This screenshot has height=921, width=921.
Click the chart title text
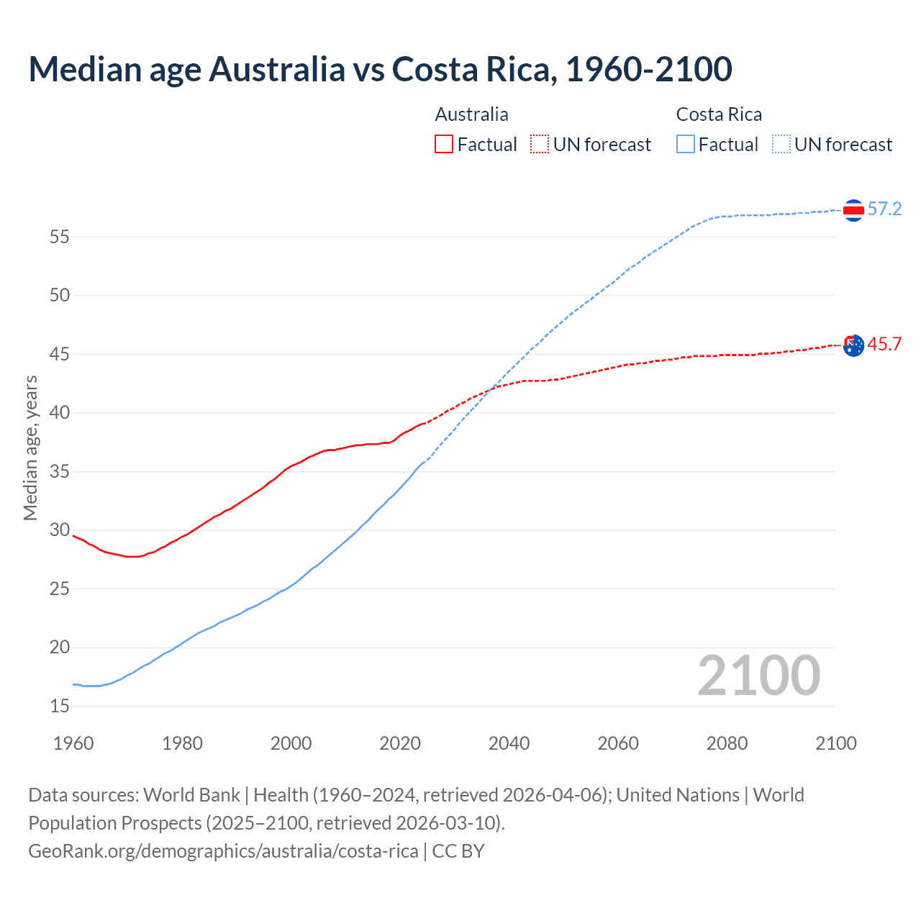pos(380,69)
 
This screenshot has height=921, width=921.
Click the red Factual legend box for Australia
pos(444,144)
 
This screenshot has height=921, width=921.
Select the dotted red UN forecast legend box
pos(540,144)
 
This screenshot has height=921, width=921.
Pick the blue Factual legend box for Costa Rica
pos(686,144)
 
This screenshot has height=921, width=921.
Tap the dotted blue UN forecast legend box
pos(781,144)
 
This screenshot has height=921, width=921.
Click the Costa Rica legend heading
pos(719,114)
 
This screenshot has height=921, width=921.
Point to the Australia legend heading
pos(471,114)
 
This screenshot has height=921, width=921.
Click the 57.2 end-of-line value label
pos(884,209)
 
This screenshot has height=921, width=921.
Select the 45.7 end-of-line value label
pos(884,345)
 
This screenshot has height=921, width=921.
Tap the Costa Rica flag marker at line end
pos(853,210)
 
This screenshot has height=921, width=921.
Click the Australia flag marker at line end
pos(853,345)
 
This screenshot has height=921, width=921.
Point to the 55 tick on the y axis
pos(60,237)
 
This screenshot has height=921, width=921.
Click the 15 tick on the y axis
pos(60,707)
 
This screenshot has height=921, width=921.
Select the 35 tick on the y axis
pos(60,472)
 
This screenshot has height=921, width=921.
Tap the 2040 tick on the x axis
pos(509,743)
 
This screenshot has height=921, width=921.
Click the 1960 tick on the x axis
pos(73,743)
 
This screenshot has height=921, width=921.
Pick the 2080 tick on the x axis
pos(727,743)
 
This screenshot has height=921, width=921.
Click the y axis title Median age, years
pos(30,448)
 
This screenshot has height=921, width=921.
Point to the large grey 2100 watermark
pos(758,675)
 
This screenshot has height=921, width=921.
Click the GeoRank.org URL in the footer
pos(223,851)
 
